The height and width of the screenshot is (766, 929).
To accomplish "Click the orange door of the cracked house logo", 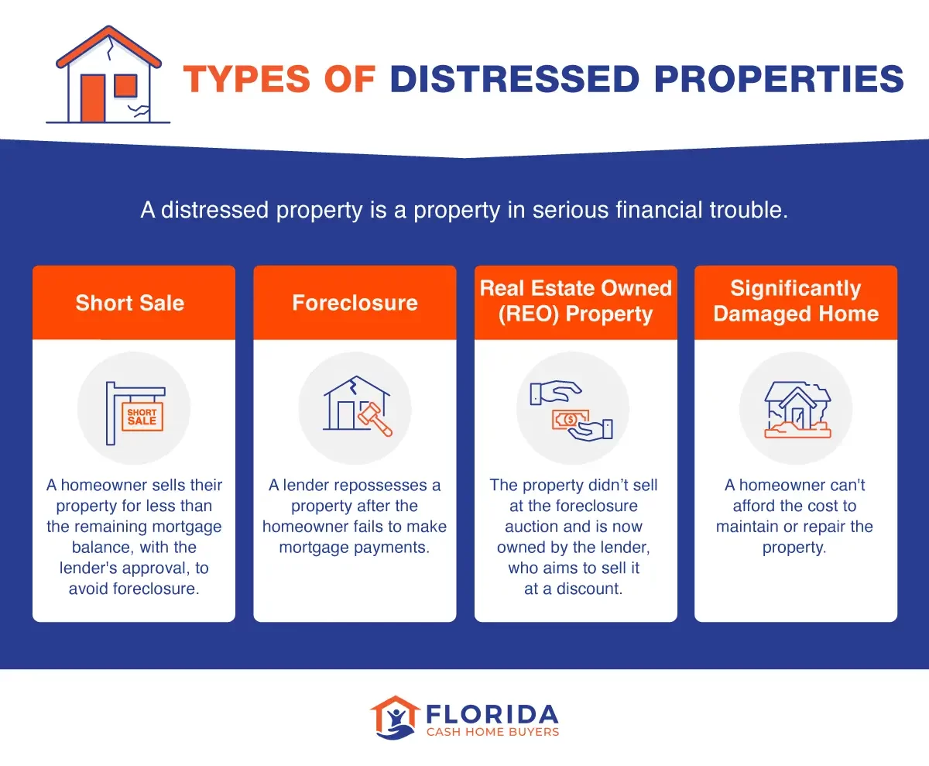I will pos(94,98).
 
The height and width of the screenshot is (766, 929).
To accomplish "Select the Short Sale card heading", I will pos(130,303).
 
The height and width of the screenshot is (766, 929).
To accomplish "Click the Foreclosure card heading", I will pos(355,303).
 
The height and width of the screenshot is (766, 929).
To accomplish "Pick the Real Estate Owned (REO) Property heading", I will pos(575,301).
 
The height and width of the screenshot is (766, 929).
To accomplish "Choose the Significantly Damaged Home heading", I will pos(796,301).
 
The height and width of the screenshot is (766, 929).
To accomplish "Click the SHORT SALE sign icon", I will pos(142,417).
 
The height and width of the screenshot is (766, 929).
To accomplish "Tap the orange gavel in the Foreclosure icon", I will pos(375,418).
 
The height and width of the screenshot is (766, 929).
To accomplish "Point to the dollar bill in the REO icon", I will pos(570,419).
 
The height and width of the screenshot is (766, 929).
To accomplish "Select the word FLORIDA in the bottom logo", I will pos(492,713).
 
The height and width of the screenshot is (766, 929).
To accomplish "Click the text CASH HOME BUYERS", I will pos(492,732).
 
